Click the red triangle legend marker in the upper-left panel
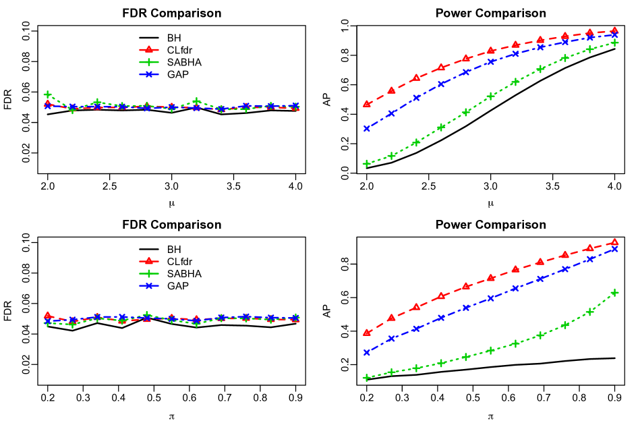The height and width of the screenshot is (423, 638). tap(148, 50)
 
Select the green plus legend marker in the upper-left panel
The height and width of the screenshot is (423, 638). tap(148, 62)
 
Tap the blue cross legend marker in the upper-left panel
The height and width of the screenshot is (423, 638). tap(148, 74)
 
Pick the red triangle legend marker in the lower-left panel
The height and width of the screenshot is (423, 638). tap(148, 261)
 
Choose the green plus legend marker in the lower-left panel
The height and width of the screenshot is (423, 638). tap(148, 273)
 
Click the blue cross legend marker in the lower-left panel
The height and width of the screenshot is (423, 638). tap(148, 285)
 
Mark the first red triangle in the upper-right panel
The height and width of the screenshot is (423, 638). tap(366, 104)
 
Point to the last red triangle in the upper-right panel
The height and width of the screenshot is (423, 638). tap(614, 30)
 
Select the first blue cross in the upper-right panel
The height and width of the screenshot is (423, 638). tap(366, 128)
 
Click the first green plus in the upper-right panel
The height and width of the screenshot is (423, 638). tap(366, 163)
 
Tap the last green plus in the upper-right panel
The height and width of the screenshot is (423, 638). tap(614, 43)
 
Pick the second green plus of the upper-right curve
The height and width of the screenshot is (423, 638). tap(391, 156)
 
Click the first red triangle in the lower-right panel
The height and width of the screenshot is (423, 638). tap(366, 333)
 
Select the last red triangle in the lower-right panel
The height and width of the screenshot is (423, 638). tap(614, 242)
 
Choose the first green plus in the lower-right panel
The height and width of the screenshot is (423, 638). tap(366, 378)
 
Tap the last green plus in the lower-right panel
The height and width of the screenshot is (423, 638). tap(614, 293)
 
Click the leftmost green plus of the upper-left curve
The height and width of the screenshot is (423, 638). tap(48, 94)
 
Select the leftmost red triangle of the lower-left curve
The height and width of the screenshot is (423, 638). tap(48, 315)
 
